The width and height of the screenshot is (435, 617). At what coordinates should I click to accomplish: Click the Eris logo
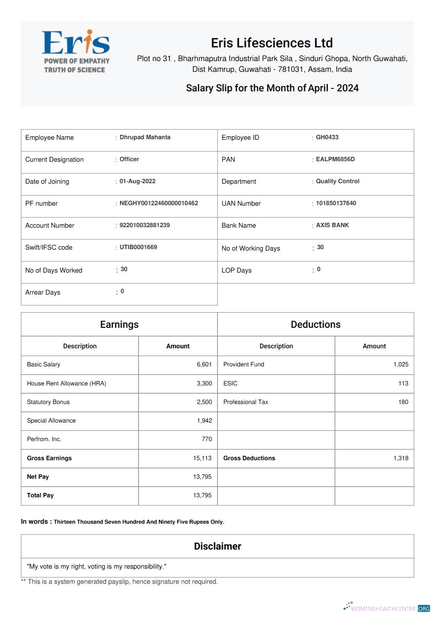coord(76,51)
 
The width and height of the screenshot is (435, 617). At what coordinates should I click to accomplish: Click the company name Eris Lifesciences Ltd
coord(272,43)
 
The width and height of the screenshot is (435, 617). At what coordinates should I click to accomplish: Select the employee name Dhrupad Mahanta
coord(145,137)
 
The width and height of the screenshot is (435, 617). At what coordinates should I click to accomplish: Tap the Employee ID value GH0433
coord(327,137)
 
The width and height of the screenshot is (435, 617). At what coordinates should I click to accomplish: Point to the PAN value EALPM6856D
coord(335,159)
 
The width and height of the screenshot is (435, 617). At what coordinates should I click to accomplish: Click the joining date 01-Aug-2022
coord(138,181)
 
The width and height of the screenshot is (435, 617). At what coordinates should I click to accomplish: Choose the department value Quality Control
coord(337,181)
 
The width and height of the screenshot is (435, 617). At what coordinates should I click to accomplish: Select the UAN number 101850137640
coord(336,203)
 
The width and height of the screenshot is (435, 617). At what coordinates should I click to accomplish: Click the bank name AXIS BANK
coord(332,225)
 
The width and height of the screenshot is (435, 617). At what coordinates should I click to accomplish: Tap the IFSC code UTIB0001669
coord(138,247)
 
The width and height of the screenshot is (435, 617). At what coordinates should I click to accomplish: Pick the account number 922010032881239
coord(144,225)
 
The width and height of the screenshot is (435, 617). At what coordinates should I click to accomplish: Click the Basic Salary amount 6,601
coord(204,364)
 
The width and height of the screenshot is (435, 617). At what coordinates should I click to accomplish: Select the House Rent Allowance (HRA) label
coord(66,383)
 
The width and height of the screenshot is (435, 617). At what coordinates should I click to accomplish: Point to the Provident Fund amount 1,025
coord(400,364)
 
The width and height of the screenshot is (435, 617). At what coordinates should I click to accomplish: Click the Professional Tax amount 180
coord(403,402)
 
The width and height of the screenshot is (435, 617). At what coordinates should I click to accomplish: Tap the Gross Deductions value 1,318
coord(400,458)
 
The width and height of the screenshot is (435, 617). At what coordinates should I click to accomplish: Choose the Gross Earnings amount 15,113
coord(202,458)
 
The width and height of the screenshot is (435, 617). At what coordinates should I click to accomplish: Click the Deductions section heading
coord(316,324)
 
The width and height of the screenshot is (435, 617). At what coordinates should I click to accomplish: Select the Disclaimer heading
coord(217,546)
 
